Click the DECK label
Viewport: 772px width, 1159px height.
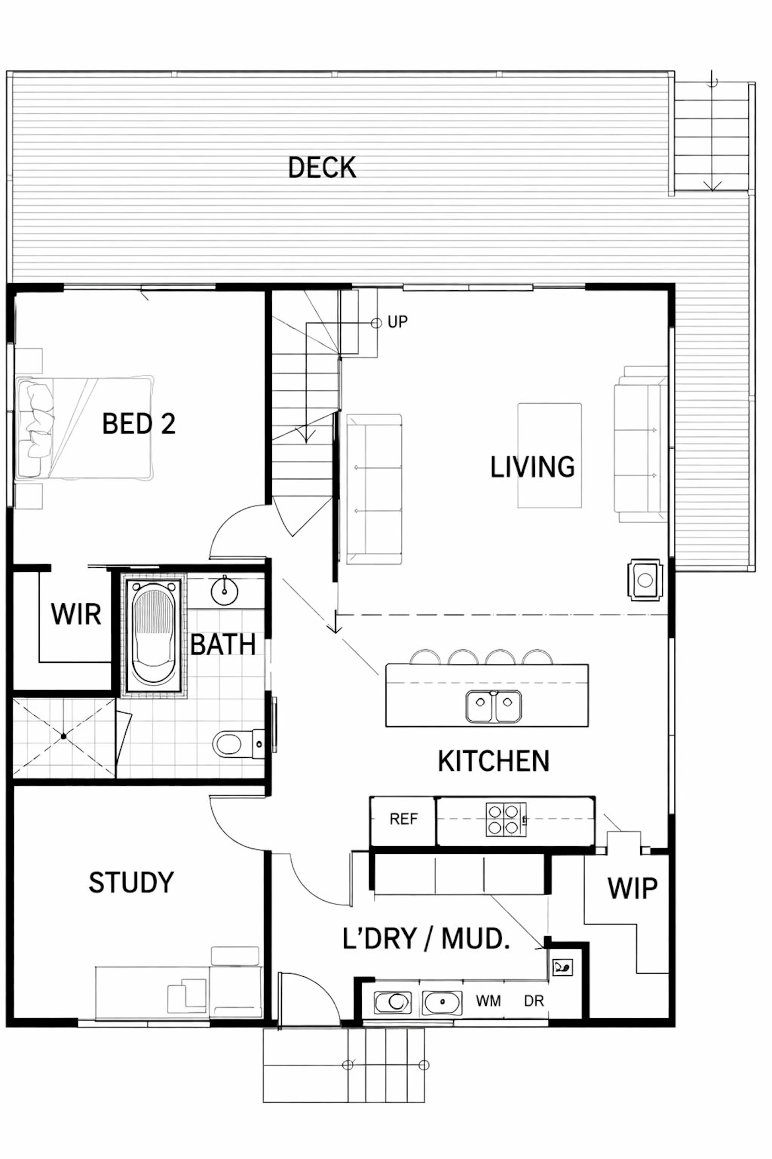(x=322, y=167)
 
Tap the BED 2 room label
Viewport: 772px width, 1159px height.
(x=139, y=424)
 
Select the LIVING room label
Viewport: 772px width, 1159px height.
(x=532, y=467)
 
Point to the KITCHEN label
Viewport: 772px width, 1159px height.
(x=494, y=761)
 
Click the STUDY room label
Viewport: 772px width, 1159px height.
(x=131, y=882)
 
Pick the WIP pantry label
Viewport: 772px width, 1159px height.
(x=632, y=889)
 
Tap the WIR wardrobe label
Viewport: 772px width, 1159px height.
(x=76, y=614)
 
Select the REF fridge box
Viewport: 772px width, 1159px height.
(x=403, y=820)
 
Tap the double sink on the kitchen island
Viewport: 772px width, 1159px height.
(x=494, y=706)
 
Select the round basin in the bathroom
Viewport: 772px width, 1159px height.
(x=224, y=592)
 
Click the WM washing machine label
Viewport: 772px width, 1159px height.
(x=489, y=1001)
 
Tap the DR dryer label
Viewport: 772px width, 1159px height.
(x=534, y=1001)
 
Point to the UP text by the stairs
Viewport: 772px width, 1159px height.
(x=398, y=322)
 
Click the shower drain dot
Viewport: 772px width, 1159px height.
(x=64, y=736)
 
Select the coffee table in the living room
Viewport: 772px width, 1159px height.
(x=549, y=455)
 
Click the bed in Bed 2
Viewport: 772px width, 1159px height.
(x=84, y=428)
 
